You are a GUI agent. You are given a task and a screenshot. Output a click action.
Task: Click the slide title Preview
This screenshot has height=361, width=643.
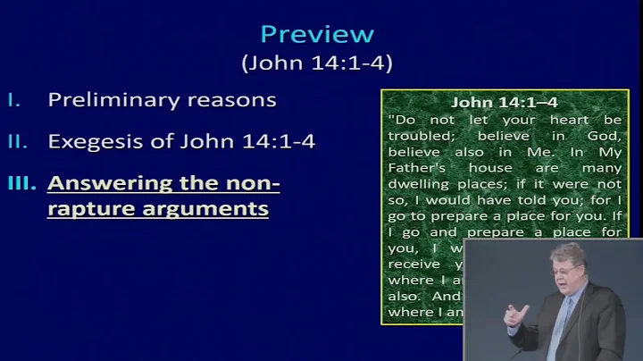pos(316,34)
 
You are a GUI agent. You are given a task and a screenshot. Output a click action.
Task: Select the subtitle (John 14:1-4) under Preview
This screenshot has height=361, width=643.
pos(317,63)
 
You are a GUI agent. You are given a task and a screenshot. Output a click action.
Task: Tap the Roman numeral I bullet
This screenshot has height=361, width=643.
pos(14,99)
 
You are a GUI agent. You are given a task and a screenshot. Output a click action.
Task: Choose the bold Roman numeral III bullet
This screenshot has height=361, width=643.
pos(21,184)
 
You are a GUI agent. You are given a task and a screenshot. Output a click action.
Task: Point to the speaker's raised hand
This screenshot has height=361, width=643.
pos(516,315)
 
